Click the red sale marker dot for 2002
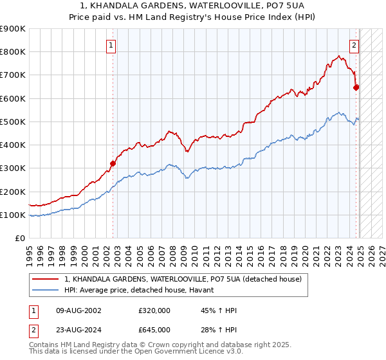pyautogui.click(x=113, y=163)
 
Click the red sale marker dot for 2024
pyautogui.click(x=356, y=87)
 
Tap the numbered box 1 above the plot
pyautogui.click(x=112, y=45)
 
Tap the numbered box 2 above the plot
pyautogui.click(x=354, y=45)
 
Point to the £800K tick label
pyautogui.click(x=13, y=52)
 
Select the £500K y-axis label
pyautogui.click(x=13, y=122)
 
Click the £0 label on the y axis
pyautogui.click(x=20, y=238)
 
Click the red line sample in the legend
pyautogui.click(x=46, y=279)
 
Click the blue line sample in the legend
pyautogui.click(x=46, y=290)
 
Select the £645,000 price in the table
pyautogui.click(x=154, y=329)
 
